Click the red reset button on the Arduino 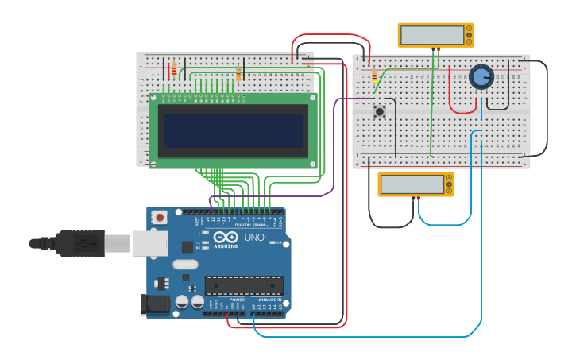(x=160, y=216)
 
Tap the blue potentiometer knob (x=481, y=76)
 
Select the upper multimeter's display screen (x=432, y=35)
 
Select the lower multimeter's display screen (x=412, y=184)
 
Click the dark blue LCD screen (x=232, y=130)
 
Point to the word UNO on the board (x=254, y=238)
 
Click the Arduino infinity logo (x=226, y=237)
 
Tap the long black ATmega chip (x=244, y=285)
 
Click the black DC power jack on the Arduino (x=154, y=304)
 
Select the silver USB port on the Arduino (x=149, y=244)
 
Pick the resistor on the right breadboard (x=374, y=77)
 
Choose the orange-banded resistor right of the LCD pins (x=238, y=74)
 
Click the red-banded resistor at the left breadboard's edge (x=174, y=70)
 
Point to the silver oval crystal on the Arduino (x=184, y=264)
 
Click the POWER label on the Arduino (x=236, y=300)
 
